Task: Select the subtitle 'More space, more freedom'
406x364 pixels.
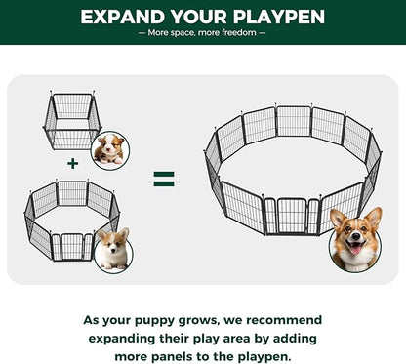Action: pos(203,33)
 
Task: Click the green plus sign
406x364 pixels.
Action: pos(71,163)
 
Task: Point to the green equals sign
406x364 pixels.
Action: pos(164,180)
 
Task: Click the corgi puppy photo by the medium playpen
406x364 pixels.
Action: pos(114,249)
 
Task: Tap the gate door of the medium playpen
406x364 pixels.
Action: pos(71,247)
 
